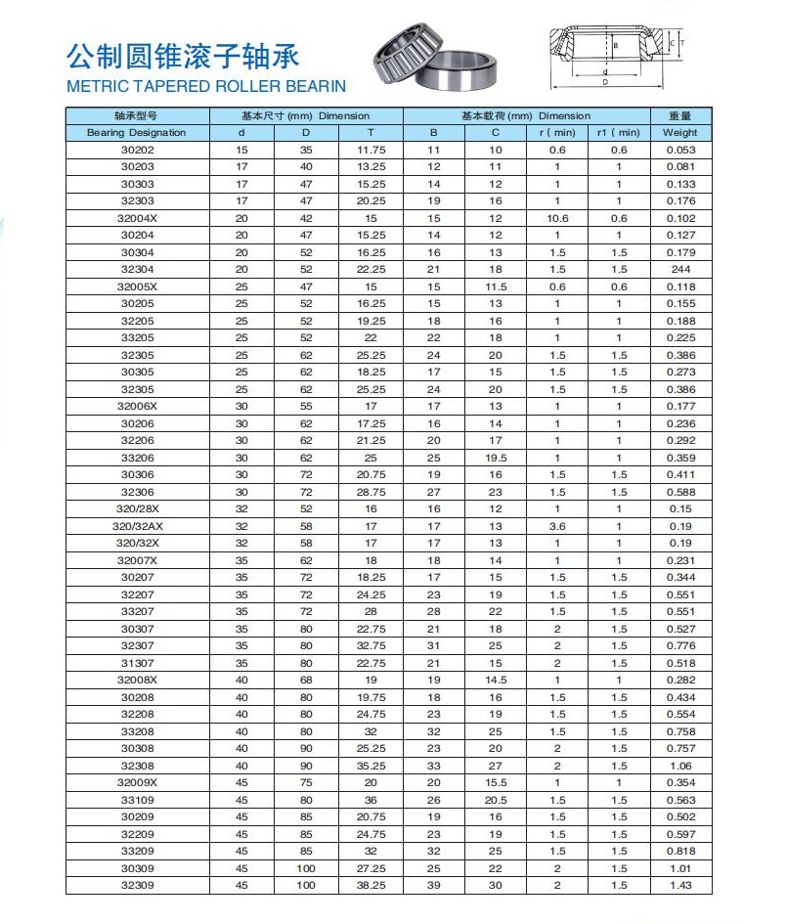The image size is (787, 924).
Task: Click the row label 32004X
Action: (137, 218)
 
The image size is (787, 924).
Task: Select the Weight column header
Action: (679, 132)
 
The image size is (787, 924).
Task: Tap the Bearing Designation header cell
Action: (136, 132)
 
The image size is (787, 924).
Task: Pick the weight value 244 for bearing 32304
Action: (679, 269)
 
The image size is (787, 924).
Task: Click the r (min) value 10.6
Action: (557, 218)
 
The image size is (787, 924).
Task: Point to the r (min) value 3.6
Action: (557, 526)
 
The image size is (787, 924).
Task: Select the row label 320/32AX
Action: (137, 526)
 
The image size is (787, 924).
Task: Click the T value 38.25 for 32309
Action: (371, 885)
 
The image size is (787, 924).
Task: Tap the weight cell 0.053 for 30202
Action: (679, 150)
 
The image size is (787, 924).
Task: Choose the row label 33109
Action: (137, 800)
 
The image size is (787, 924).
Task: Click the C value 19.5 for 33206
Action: (496, 458)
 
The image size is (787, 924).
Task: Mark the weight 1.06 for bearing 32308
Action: (679, 766)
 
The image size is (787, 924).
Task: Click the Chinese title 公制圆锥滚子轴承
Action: (182, 54)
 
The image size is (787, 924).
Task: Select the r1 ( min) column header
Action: (619, 132)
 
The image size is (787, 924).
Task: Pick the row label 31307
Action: (137, 663)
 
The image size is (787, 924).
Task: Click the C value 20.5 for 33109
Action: (496, 800)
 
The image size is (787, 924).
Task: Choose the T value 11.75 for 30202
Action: (371, 150)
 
